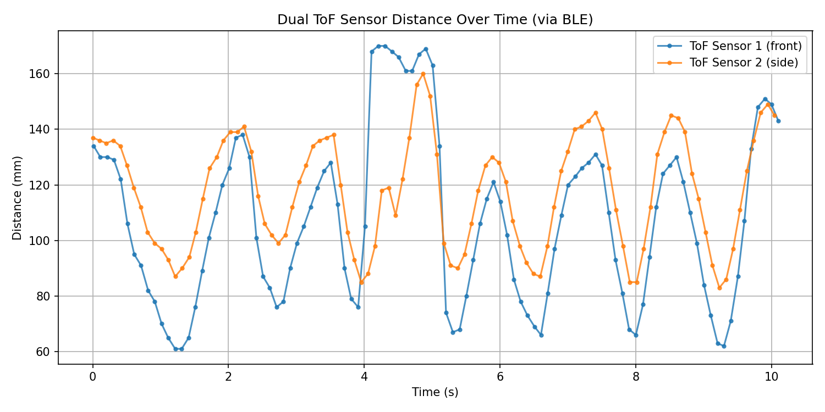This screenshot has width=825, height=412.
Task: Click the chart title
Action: coord(435,20)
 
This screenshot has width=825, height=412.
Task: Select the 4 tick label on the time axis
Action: coord(364,376)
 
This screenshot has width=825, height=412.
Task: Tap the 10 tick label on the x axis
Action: coord(772,376)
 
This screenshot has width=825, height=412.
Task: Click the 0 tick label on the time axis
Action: coord(93,376)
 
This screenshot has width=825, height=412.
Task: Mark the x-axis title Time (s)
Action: coord(435,392)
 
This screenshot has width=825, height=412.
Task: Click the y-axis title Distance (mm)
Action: coord(18,198)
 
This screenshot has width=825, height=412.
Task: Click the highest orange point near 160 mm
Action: coord(423,74)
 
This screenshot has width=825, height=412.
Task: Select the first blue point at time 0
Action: coord(94,146)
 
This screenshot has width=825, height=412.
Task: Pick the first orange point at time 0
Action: coord(93,138)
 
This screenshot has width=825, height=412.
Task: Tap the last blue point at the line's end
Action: coord(778,121)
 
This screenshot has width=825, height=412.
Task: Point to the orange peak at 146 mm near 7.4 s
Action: coord(596,113)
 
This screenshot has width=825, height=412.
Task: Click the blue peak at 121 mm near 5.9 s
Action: coord(493,182)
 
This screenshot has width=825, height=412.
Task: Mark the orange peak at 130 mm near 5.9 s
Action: coord(492,157)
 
